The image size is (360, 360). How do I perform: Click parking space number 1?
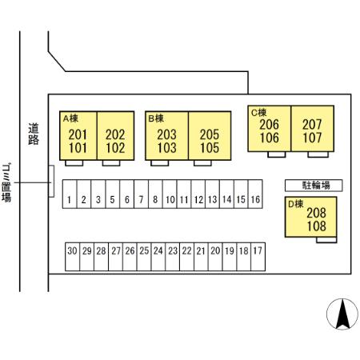tap(70, 194)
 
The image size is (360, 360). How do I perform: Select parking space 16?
tap(255, 194)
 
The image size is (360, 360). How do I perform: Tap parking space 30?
tap(73, 257)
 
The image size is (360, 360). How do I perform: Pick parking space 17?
tap(258, 257)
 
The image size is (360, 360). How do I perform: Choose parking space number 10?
tap(170, 194)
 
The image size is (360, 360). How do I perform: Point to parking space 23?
tap(173, 257)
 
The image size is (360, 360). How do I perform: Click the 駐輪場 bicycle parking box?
tap(314, 186)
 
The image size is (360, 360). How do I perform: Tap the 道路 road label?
tap(34, 134)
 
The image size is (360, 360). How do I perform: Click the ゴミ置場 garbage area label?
tap(6, 183)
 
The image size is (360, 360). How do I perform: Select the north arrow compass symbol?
tap(342, 314)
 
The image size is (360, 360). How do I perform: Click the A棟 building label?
tap(70, 118)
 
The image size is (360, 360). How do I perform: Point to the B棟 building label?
tap(156, 118)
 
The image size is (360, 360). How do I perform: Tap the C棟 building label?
tap(258, 113)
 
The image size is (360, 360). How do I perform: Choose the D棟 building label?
tap(296, 204)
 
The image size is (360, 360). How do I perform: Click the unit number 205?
tap(210, 134)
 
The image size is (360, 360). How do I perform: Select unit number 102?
tap(115, 148)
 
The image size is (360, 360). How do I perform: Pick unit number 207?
tap(312, 124)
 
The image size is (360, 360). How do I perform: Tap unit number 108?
tap(317, 226)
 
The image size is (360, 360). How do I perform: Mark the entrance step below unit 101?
tap(74, 163)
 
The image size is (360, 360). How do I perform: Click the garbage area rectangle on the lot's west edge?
tap(51, 182)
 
